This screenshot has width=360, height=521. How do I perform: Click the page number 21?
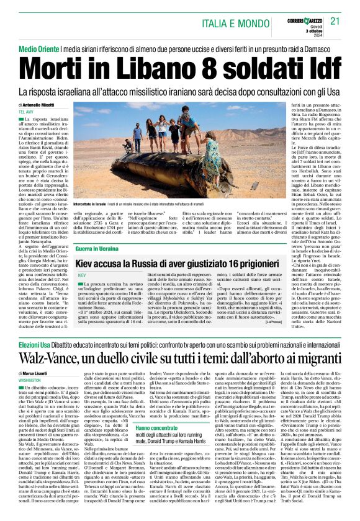click(335, 21)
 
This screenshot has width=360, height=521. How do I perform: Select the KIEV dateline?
click(80, 274)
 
